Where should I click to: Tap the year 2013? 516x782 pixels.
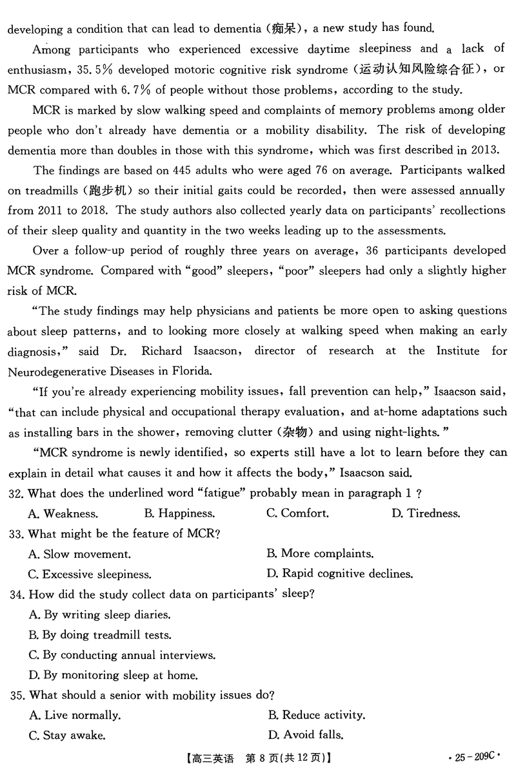pos(486,150)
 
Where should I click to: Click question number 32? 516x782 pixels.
pos(16,493)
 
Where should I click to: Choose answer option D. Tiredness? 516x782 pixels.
pos(426,513)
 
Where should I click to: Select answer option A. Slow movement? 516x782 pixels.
pos(80,554)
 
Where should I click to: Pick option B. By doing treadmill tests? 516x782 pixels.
pos(100,634)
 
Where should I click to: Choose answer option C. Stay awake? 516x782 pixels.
pos(67,735)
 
